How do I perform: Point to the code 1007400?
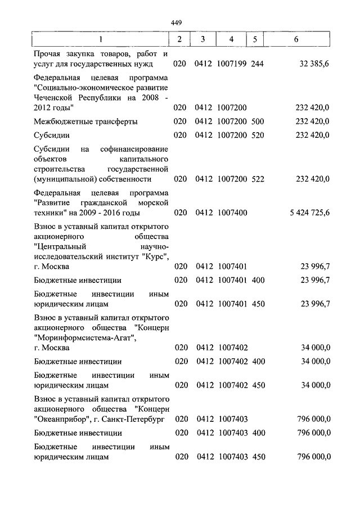point(231,213)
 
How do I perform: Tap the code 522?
point(258,179)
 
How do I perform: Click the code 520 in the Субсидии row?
point(258,136)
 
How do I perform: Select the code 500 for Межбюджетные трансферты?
point(258,121)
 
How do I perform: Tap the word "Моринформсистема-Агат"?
point(84,337)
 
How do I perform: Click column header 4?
point(231,39)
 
